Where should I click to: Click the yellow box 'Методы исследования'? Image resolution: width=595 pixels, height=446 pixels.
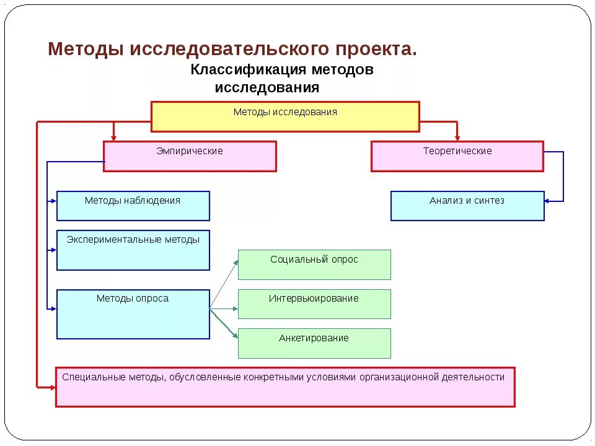pyautogui.click(x=285, y=116)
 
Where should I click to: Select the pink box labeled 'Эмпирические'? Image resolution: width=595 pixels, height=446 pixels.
pyautogui.click(x=190, y=156)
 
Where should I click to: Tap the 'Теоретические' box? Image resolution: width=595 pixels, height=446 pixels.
pyautogui.click(x=457, y=156)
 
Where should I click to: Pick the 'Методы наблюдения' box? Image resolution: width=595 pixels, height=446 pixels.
pyautogui.click(x=133, y=206)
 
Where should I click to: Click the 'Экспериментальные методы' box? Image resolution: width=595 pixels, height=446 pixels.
pyautogui.click(x=133, y=250)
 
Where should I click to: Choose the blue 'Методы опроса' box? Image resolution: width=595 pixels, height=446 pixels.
pyautogui.click(x=133, y=314)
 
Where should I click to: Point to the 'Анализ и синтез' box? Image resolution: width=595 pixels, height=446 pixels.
pyautogui.click(x=467, y=206)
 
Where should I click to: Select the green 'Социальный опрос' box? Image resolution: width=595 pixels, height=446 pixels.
pyautogui.click(x=314, y=265)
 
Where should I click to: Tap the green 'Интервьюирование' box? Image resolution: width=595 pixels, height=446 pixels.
pyautogui.click(x=314, y=304)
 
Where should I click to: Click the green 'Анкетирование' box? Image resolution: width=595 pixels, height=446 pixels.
pyautogui.click(x=314, y=343)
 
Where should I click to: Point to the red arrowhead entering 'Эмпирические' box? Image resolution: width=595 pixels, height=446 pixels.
pyautogui.click(x=113, y=137)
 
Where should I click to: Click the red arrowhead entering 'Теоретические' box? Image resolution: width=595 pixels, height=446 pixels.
pyautogui.click(x=457, y=137)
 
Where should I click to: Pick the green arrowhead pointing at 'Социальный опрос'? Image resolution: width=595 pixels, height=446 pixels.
pyautogui.click(x=236, y=262)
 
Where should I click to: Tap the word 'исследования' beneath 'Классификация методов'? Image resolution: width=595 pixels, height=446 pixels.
pyautogui.click(x=267, y=88)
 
